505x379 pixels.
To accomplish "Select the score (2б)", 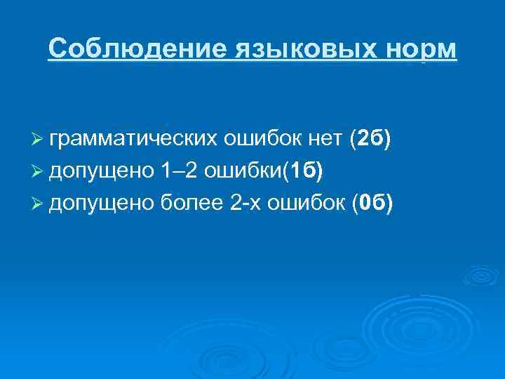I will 370,140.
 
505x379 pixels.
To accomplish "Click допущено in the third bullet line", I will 97,203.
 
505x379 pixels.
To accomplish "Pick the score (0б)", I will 372,203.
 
